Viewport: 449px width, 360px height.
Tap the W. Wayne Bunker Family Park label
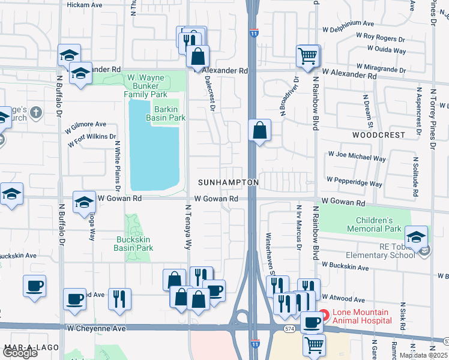[145, 86]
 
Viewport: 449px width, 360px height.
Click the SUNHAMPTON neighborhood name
[229, 182]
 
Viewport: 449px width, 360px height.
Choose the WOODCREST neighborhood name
[379, 135]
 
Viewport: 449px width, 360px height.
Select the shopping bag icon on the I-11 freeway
[259, 130]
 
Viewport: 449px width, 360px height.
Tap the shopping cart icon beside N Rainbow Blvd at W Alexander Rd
[307, 56]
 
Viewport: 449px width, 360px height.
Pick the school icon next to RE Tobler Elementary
[416, 236]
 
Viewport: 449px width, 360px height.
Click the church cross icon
[36, 112]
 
